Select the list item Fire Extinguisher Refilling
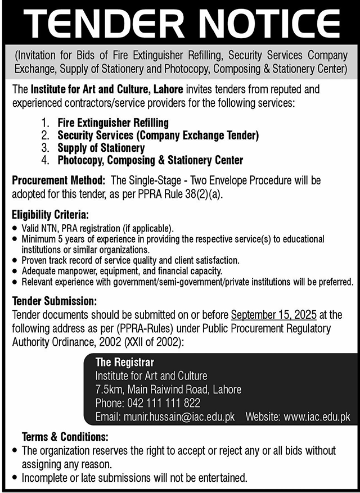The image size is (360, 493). pyautogui.click(x=112, y=122)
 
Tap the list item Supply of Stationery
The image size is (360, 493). pyautogui.click(x=101, y=148)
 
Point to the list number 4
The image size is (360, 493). pyautogui.click(x=46, y=161)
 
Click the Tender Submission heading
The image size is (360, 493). pyautogui.click(x=54, y=302)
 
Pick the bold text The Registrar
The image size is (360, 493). pyautogui.click(x=124, y=363)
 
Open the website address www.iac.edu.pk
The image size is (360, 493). pyautogui.click(x=317, y=417)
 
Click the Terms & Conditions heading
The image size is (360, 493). pyautogui.click(x=65, y=437)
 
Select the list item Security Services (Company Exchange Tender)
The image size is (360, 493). pyautogui.click(x=157, y=135)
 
